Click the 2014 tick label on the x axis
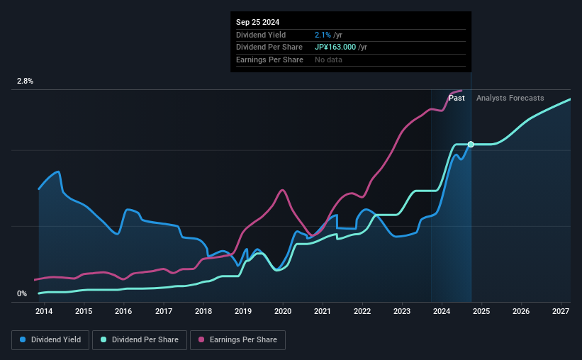point(44,311)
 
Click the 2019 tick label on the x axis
point(243,311)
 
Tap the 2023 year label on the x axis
point(402,311)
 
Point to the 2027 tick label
point(561,311)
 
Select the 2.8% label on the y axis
point(26,81)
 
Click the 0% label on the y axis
point(22,294)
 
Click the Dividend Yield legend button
point(50,340)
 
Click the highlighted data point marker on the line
point(471,145)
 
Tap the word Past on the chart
point(457,99)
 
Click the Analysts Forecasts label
point(510,99)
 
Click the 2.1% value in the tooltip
point(322,35)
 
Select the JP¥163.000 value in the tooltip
point(337,47)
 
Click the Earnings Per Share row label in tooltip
point(269,60)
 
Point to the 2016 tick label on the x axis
point(123,311)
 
